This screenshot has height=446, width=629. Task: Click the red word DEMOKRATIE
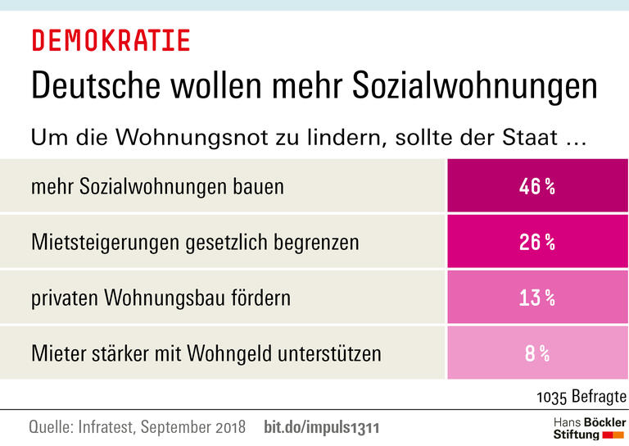click(111, 40)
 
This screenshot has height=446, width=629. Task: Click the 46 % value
click(536, 187)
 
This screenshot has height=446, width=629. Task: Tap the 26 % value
click(536, 243)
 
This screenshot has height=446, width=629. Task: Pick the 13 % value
click(536, 298)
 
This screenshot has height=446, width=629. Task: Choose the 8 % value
click(536, 354)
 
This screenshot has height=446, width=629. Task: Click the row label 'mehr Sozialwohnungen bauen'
click(157, 187)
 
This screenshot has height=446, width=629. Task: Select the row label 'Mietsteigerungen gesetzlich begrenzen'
click(194, 243)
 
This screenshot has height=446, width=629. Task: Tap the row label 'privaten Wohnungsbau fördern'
click(161, 298)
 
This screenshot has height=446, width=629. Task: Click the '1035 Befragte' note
click(581, 397)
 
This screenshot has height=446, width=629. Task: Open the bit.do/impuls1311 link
click(322, 428)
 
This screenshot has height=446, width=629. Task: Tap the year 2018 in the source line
click(228, 428)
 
